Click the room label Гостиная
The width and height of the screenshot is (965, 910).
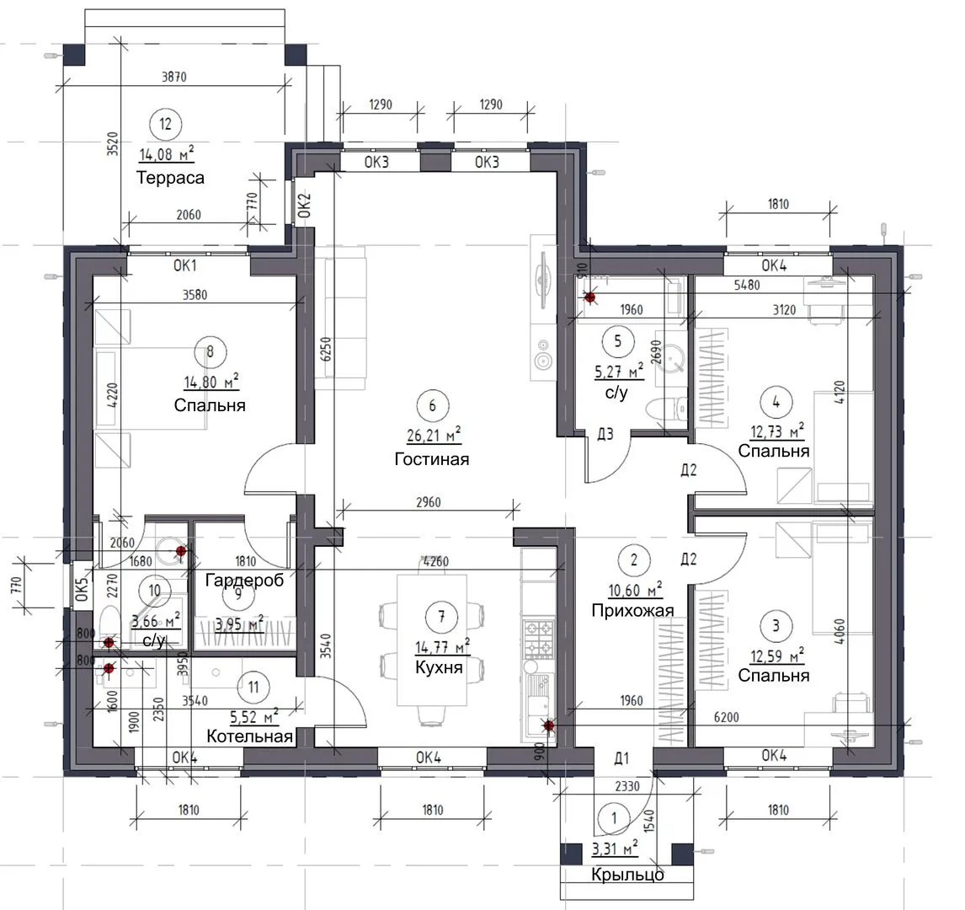click(431, 459)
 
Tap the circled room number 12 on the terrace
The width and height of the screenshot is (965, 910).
click(166, 124)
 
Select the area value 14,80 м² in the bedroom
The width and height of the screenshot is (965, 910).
click(211, 382)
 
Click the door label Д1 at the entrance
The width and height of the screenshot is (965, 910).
click(621, 758)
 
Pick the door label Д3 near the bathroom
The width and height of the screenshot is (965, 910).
click(605, 434)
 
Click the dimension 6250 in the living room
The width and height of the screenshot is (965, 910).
click(326, 349)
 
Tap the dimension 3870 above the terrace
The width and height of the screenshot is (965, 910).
click(174, 77)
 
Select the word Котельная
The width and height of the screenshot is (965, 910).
click(249, 736)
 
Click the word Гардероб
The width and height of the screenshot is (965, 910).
click(244, 580)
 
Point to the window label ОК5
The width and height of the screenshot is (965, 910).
click(82, 588)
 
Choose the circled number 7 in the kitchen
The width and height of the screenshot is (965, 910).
click(440, 616)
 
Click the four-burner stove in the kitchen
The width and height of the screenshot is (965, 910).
click(538, 639)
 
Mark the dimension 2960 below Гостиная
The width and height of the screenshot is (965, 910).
click(429, 502)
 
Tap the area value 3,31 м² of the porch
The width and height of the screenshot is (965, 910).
click(615, 848)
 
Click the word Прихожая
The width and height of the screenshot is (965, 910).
click(632, 610)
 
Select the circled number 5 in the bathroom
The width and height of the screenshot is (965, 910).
click(618, 341)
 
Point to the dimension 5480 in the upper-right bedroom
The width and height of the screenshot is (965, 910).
click(747, 285)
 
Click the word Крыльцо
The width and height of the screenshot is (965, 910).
click(627, 875)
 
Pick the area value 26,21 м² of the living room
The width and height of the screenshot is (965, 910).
click(434, 436)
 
